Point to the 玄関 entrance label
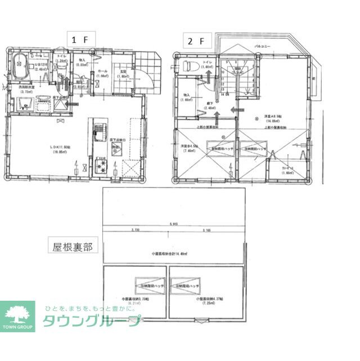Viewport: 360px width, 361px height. point(123,72)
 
